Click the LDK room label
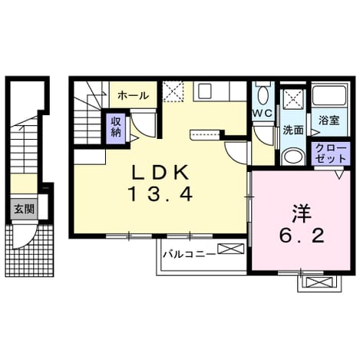[x=160, y=172]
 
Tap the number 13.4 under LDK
[x=160, y=193]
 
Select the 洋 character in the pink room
[x=302, y=213]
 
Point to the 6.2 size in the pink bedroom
[x=302, y=236]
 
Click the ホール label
[x=133, y=96]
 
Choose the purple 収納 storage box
[x=116, y=128]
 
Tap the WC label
[x=263, y=113]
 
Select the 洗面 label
[x=292, y=130]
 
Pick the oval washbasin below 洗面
[x=293, y=157]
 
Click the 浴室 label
[x=329, y=121]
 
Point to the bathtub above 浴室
[x=329, y=95]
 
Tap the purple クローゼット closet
[x=331, y=154]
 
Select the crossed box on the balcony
[x=230, y=249]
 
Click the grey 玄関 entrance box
[x=24, y=209]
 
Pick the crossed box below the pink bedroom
[x=319, y=282]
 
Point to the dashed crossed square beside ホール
[x=173, y=91]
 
